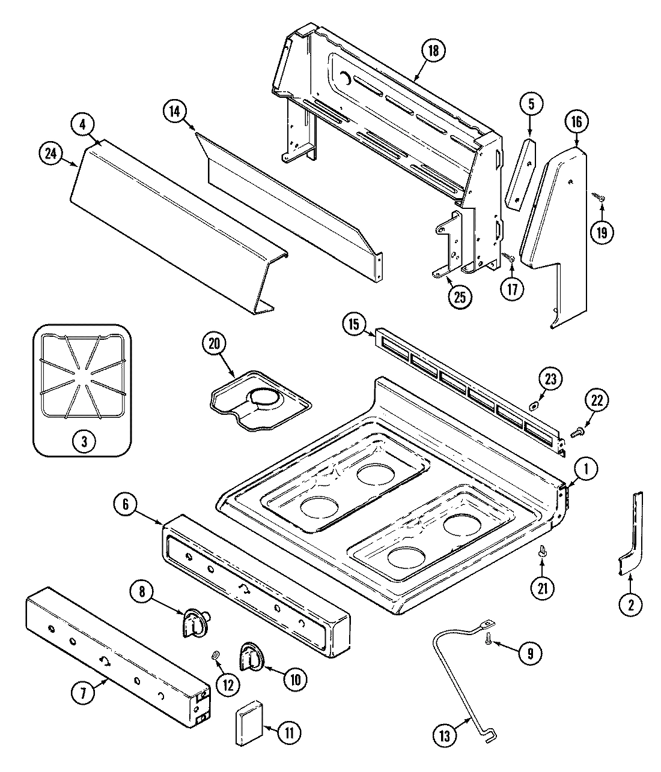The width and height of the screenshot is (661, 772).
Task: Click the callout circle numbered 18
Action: pyautogui.click(x=433, y=51)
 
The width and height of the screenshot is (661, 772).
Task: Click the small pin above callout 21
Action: pyautogui.click(x=543, y=550)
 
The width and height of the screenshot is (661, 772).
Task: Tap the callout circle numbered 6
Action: pyautogui.click(x=126, y=505)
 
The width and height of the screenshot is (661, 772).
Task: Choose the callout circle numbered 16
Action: pyautogui.click(x=576, y=122)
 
